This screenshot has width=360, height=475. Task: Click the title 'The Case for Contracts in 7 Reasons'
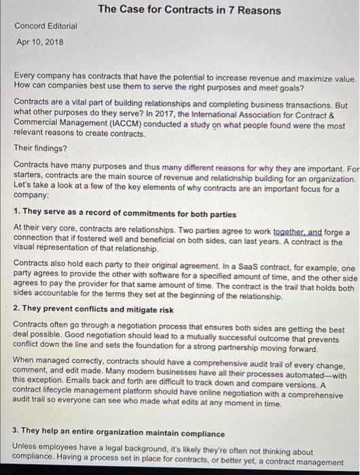[x=189, y=10]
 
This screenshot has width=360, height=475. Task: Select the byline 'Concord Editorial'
[x=46, y=26]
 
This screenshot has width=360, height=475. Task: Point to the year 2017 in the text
[x=185, y=115]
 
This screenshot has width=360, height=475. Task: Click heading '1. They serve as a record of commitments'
[x=117, y=212]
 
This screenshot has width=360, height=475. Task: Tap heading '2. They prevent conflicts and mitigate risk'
[x=93, y=310]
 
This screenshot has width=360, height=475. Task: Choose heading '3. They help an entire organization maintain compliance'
[x=119, y=434]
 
